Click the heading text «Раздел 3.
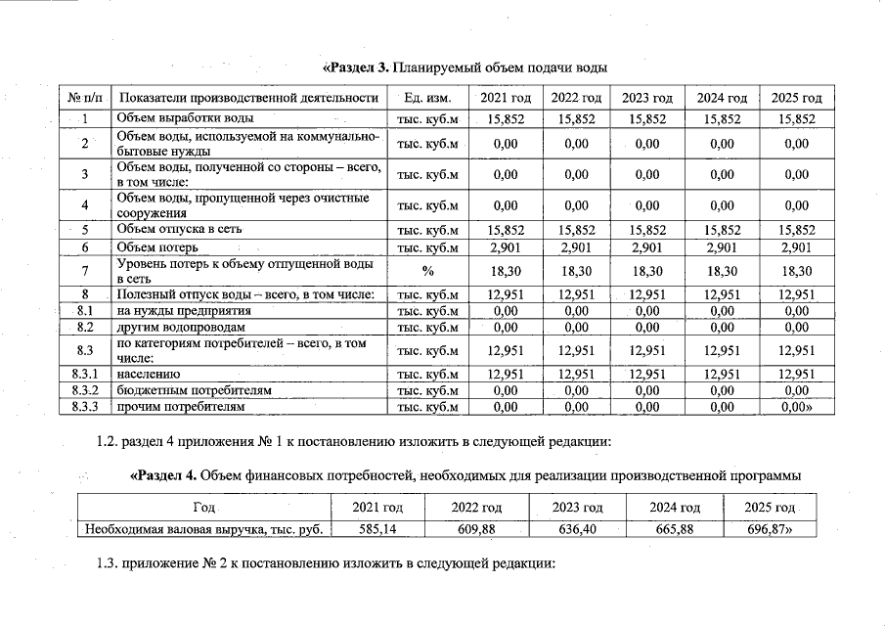point(356,68)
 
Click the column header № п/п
point(85,98)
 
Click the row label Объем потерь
point(158,247)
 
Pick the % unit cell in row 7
point(427,270)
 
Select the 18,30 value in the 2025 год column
point(797,270)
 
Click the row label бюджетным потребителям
point(194,390)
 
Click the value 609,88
point(476,530)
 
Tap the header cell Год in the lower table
point(203,508)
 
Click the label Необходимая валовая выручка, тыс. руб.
point(203,530)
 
